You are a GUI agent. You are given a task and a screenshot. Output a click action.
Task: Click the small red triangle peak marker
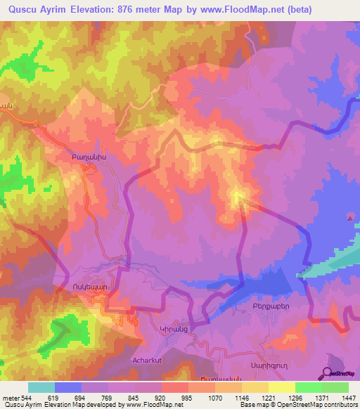pos(350,218)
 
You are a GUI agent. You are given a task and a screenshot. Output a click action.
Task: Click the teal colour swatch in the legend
pos(41,387)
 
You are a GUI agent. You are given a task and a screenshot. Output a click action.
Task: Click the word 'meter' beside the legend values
pos(11,397)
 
